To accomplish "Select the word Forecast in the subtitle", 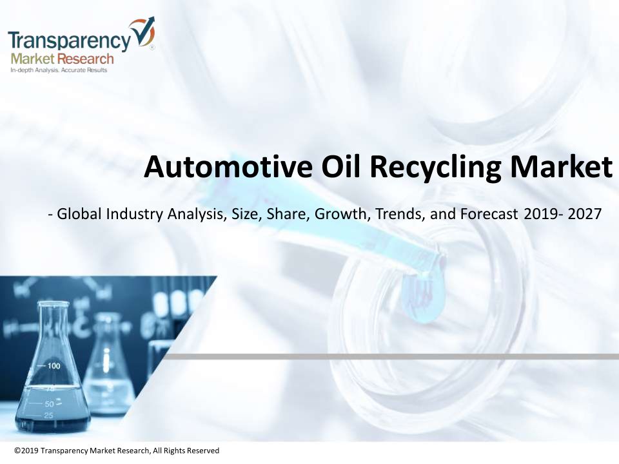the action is pos(489,214).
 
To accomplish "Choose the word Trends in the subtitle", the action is pos(400,214).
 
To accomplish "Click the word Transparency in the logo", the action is pos(69,40).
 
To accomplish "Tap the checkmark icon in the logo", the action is pos(142,32).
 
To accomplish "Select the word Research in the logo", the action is pos(85,59).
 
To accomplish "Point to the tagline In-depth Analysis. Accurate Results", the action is pos(59,70).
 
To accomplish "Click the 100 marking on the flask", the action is pos(54,366).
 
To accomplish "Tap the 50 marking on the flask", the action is pos(50,404).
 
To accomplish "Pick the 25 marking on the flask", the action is pos(48,416).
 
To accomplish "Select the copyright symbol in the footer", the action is pos(17,450).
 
